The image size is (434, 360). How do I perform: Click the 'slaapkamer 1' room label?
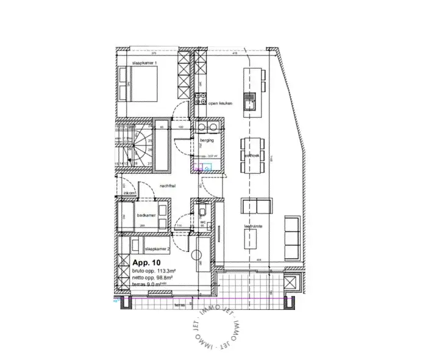(x=144, y=63)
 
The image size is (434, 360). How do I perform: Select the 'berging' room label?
(x=207, y=140)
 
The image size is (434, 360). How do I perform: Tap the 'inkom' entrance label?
(x=130, y=193)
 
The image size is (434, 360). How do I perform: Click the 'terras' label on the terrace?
(x=179, y=304)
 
